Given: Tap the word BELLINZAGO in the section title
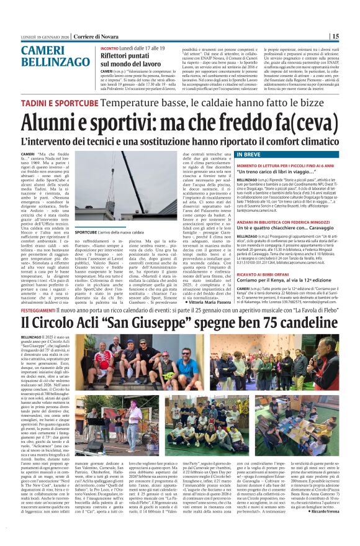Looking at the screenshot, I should (55, 64).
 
